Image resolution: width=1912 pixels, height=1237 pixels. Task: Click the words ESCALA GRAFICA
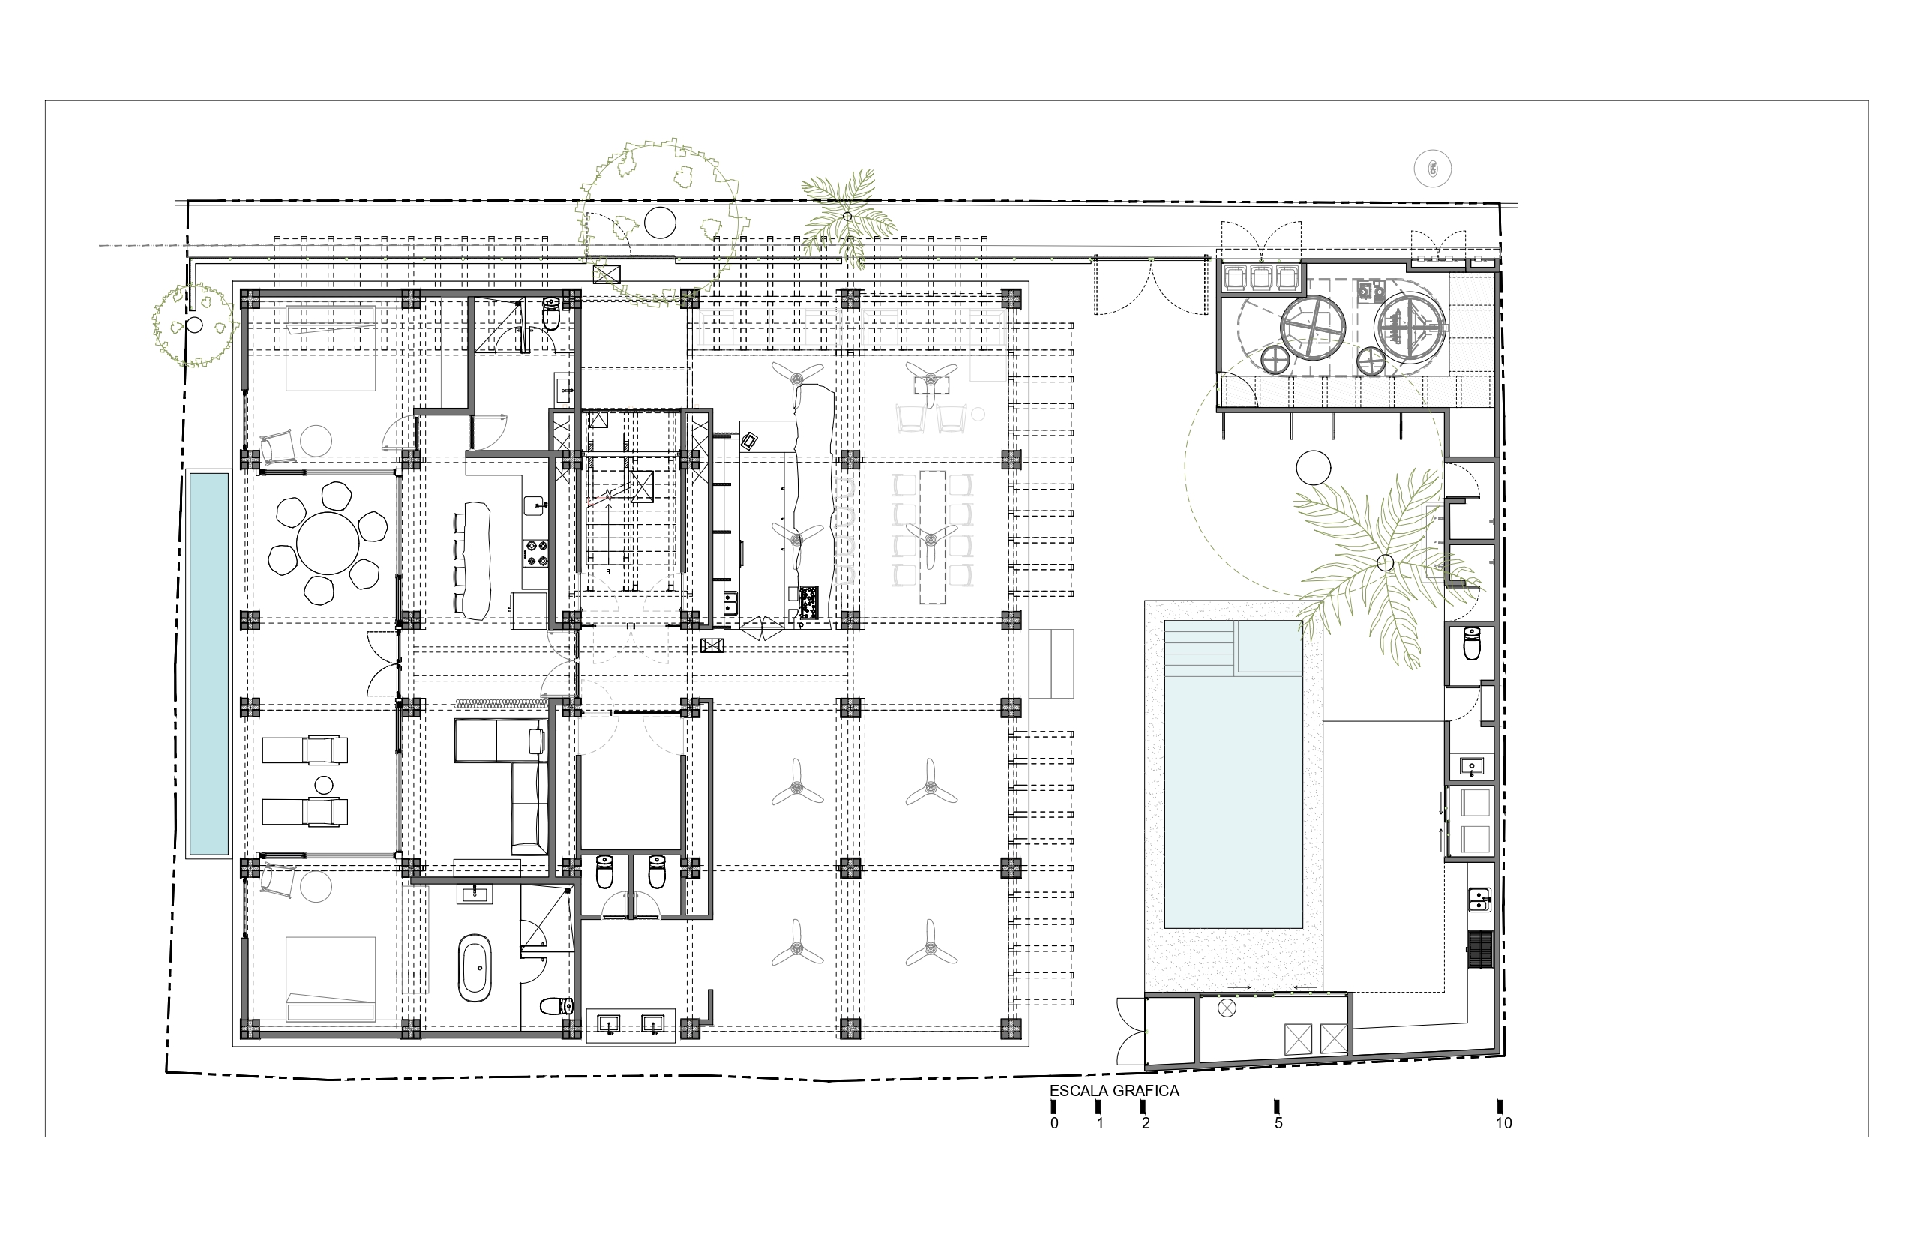1114,1091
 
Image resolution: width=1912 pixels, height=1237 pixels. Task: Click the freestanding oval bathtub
475,967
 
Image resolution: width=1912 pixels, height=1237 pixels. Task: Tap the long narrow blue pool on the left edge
209,663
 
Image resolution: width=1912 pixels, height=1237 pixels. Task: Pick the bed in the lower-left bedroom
330,979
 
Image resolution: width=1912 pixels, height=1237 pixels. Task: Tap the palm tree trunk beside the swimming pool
1385,563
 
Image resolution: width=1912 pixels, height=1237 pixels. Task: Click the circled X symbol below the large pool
1226,1008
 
